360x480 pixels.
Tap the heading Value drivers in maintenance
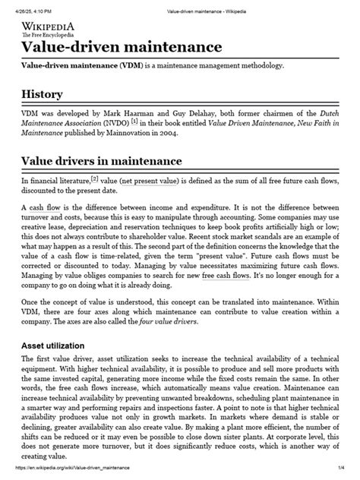tap(101, 161)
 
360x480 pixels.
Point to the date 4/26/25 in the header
tap(21, 5)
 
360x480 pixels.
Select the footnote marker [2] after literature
tap(95, 179)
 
